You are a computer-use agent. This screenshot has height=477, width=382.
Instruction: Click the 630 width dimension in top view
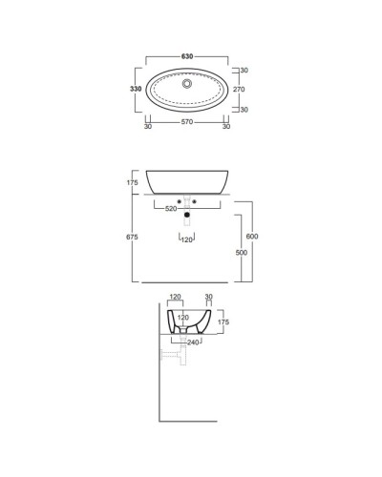click(x=187, y=57)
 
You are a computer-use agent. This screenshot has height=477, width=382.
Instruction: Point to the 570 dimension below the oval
click(x=187, y=123)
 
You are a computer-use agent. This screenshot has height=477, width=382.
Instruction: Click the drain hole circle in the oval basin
click(x=187, y=83)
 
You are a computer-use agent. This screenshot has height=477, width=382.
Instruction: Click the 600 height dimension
click(x=251, y=237)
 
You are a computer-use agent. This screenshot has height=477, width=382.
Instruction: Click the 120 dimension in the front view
click(x=187, y=240)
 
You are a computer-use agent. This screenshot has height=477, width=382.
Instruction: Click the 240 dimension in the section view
click(x=193, y=342)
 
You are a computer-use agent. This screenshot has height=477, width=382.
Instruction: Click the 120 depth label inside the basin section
click(x=182, y=317)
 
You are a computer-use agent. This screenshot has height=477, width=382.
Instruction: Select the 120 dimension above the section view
click(x=175, y=298)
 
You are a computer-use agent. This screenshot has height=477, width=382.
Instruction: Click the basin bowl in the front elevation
click(x=187, y=183)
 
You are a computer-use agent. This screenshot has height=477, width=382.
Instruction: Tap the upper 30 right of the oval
click(x=245, y=71)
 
